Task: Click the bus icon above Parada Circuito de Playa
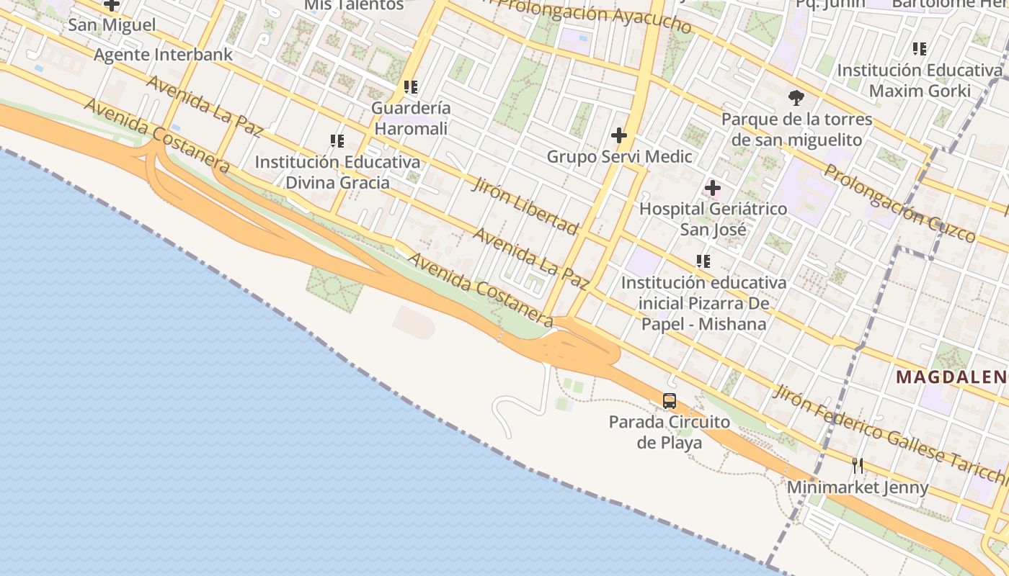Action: click(x=670, y=401)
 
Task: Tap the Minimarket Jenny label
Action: click(x=858, y=487)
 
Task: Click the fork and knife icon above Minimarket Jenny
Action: click(x=858, y=465)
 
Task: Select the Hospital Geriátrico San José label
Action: click(x=714, y=219)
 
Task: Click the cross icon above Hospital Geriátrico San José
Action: click(x=713, y=189)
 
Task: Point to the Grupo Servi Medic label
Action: click(x=619, y=156)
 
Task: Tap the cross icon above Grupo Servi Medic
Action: click(x=618, y=135)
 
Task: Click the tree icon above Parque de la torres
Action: click(x=796, y=97)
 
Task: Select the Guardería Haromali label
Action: click(x=411, y=118)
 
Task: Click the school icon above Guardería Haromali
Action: click(x=411, y=88)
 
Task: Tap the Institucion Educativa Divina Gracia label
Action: click(x=337, y=172)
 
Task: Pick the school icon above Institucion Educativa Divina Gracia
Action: click(x=337, y=141)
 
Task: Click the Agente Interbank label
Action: click(x=164, y=55)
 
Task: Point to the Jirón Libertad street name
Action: click(x=525, y=207)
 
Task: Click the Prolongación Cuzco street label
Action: click(x=899, y=203)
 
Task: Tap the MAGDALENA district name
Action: click(x=951, y=377)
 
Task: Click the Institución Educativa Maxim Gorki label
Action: click(x=920, y=81)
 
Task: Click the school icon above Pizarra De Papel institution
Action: click(x=703, y=261)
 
